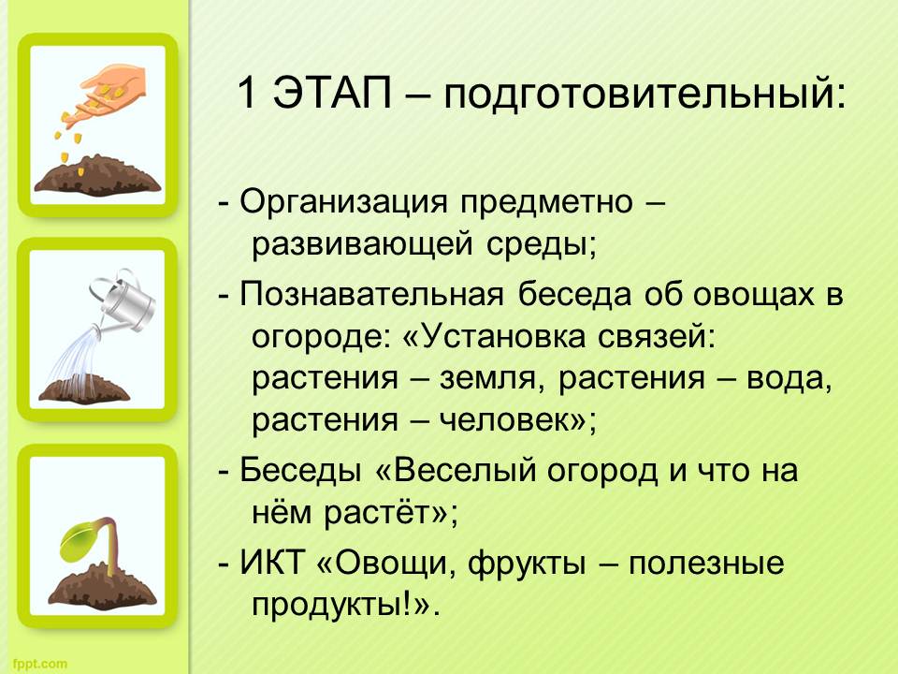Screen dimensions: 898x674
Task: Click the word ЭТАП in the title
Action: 332,92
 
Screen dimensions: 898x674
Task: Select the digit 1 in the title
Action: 246,92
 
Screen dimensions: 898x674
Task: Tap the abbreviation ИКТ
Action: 271,562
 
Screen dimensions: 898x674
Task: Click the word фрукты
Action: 527,564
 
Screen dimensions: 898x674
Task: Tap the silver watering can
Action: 122,300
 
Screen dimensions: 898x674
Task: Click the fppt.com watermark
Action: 39,665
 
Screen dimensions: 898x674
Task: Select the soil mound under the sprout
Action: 102,586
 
